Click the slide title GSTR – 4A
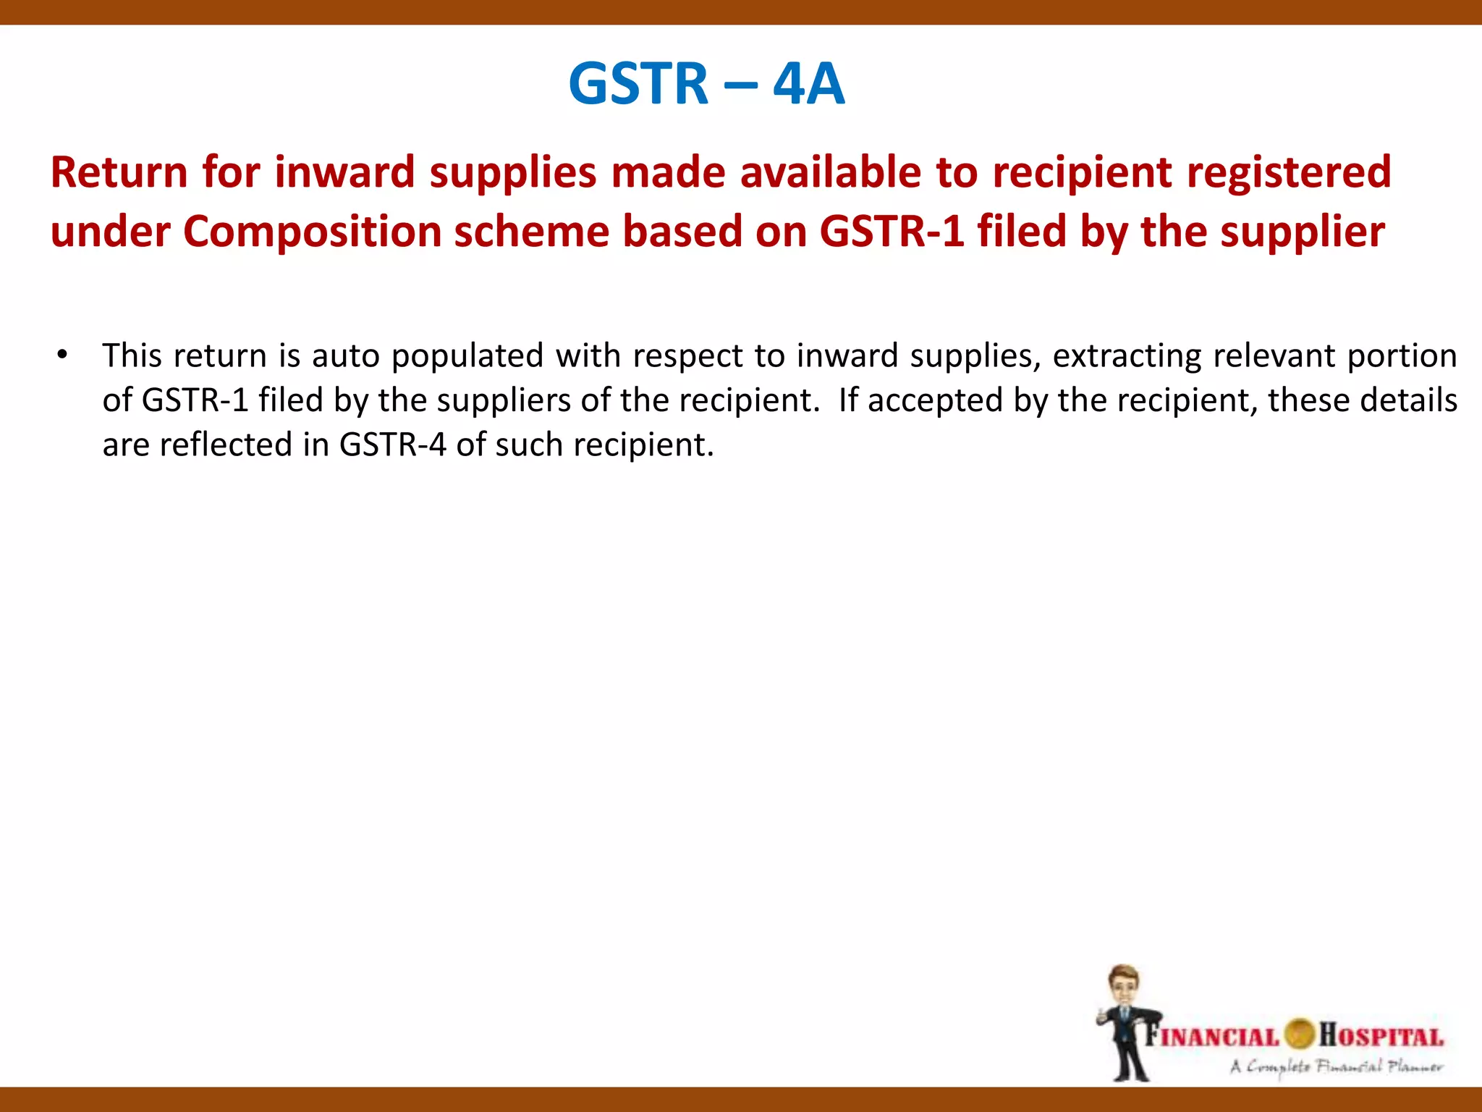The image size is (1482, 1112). click(706, 83)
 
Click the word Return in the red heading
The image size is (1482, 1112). click(119, 172)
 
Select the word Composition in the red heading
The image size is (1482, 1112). click(311, 232)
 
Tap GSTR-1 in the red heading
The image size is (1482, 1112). click(892, 232)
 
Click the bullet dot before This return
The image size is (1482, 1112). click(62, 355)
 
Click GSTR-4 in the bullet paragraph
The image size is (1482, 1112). click(392, 445)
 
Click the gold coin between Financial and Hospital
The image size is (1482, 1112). click(1300, 1034)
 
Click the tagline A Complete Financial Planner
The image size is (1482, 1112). click(1336, 1066)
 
